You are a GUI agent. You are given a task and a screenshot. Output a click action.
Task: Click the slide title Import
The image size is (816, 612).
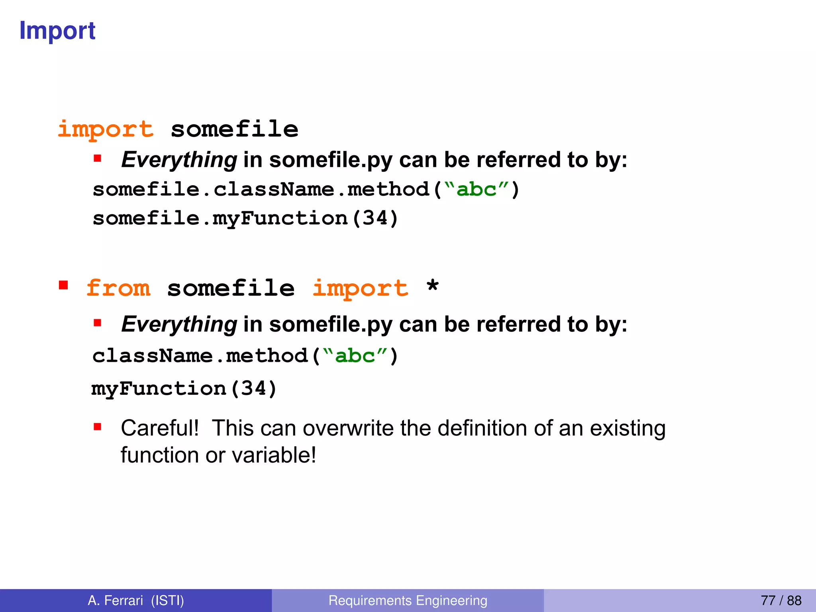pos(57,31)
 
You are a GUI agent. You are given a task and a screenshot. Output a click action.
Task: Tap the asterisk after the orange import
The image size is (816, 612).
pos(432,286)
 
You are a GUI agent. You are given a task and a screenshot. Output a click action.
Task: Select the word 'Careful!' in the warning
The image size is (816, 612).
pos(160,428)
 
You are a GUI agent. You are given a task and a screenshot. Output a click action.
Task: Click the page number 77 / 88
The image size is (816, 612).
pos(781,600)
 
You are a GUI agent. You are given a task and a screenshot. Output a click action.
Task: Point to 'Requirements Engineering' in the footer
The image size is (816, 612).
pos(408,600)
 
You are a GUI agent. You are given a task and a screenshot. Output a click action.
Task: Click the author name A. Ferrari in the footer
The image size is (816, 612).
pos(116,600)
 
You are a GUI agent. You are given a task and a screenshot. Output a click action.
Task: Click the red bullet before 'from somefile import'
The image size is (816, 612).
pos(63,285)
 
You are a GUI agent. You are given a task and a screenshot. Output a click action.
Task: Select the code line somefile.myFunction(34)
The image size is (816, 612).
pos(245,218)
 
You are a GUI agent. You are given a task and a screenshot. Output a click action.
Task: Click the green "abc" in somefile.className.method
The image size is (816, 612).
pos(477,189)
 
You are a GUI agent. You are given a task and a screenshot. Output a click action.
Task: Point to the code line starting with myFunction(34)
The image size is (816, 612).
pos(184,388)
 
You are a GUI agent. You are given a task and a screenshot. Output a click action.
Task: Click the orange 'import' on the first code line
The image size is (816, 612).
pos(106,129)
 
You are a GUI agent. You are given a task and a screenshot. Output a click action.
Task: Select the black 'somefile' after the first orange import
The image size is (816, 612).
pos(234,129)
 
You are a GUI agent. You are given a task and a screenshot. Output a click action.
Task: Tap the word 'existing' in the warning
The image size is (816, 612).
pos(628,428)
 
